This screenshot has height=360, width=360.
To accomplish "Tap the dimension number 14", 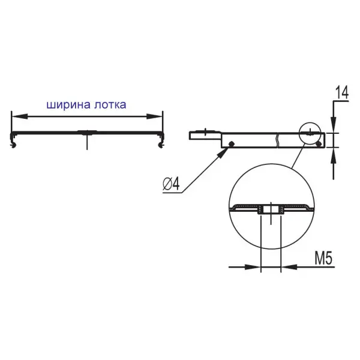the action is point(342,92).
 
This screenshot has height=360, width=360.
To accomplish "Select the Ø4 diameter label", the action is point(171,184).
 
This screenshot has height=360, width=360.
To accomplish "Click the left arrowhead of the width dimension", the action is point(20,116).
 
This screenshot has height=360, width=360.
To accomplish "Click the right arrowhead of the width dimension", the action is point(155,116).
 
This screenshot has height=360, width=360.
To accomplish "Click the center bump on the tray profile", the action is point(87,132).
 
